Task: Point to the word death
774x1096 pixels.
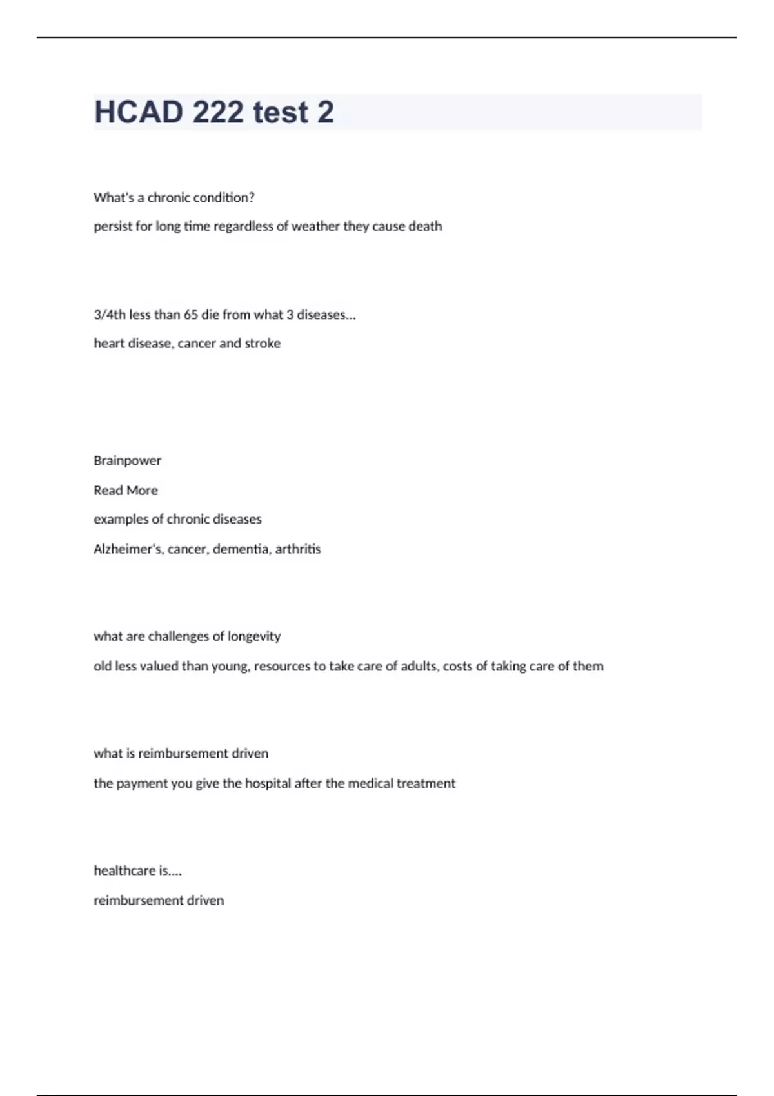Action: tap(425, 226)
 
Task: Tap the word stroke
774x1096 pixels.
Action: tap(263, 344)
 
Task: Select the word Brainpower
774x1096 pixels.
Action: tap(127, 460)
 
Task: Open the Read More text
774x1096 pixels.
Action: tap(125, 490)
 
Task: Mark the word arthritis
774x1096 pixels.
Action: tap(298, 549)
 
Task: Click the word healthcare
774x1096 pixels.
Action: tap(124, 870)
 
